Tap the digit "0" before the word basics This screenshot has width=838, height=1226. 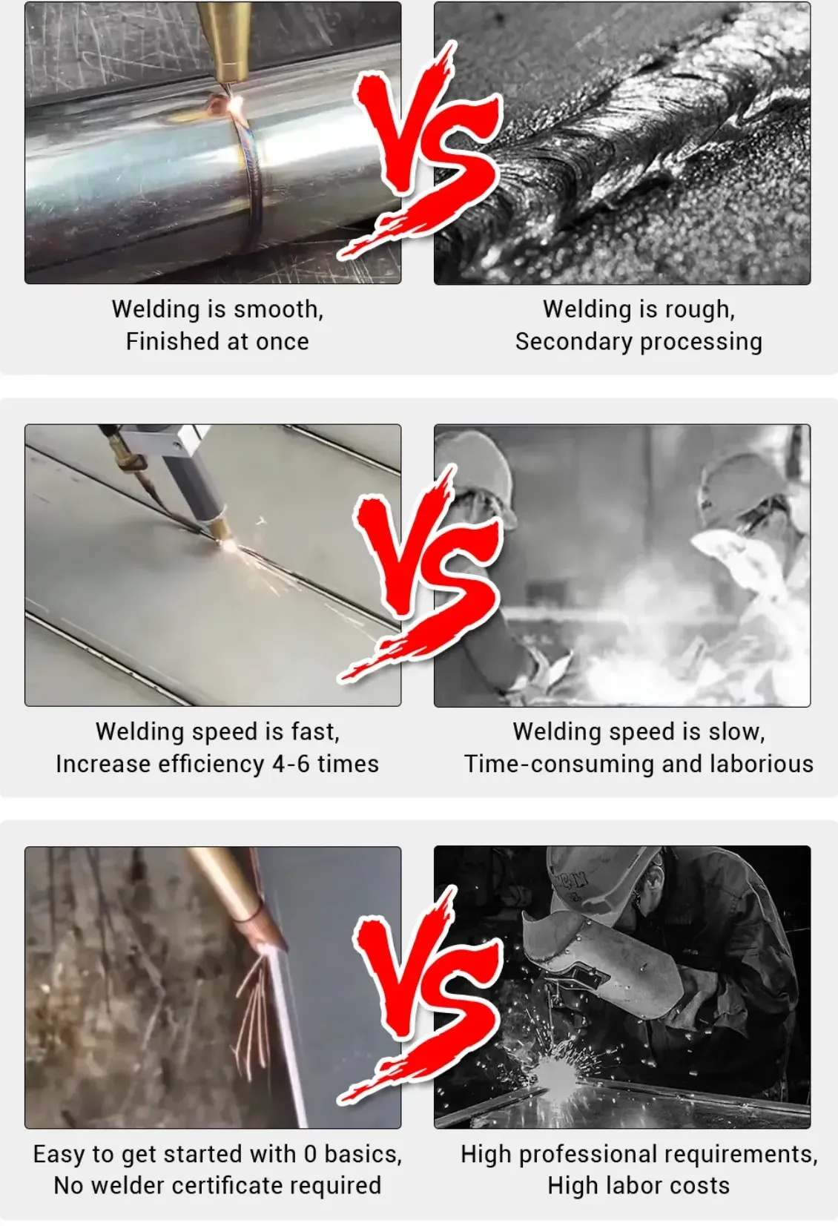(x=310, y=1154)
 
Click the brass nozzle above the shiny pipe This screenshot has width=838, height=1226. (x=225, y=41)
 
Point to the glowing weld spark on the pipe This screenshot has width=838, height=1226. (x=237, y=103)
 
